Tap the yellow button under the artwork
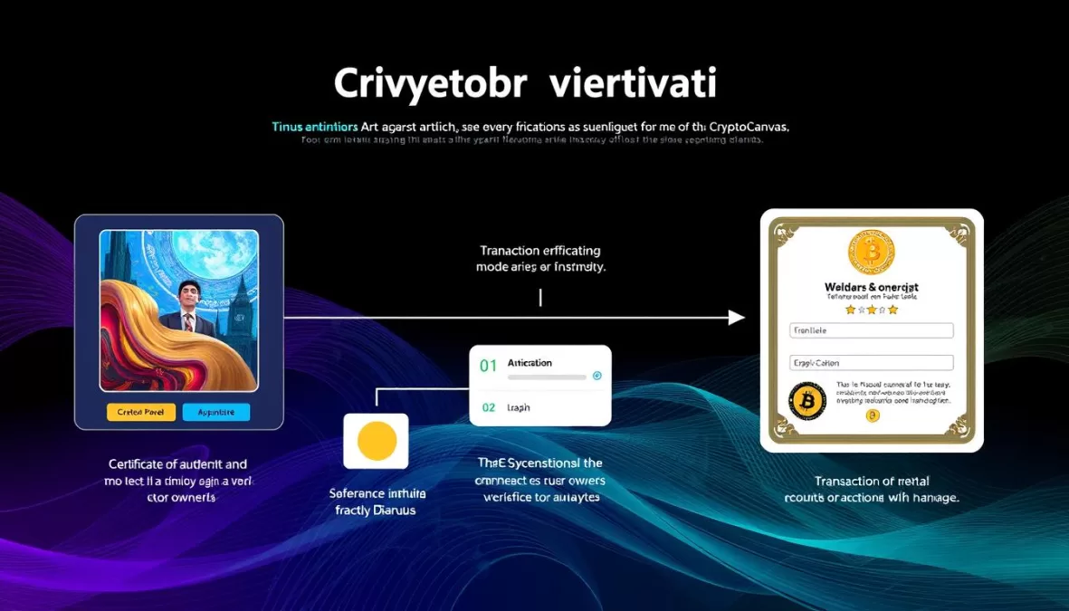point(140,412)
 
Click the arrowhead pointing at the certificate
point(737,318)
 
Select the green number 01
point(489,366)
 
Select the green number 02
point(489,407)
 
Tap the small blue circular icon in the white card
point(596,376)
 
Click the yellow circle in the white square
point(377,441)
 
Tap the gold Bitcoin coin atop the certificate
point(871,253)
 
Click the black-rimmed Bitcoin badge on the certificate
point(807,400)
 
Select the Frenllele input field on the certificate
point(871,331)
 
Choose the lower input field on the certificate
point(871,362)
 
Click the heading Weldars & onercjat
point(871,287)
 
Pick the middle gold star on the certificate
point(871,310)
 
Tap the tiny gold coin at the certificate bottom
point(873,416)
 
